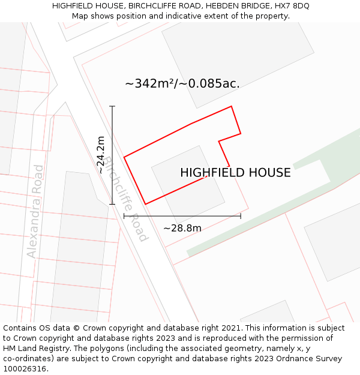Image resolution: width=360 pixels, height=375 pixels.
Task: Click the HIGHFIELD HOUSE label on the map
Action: [x=235, y=173]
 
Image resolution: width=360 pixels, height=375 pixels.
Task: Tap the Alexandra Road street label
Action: [x=35, y=211]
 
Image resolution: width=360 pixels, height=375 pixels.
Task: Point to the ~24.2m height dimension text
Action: [x=101, y=155]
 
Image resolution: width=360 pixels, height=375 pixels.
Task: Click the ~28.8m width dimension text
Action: [x=182, y=228]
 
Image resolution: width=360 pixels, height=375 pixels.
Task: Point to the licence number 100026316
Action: [x=25, y=369]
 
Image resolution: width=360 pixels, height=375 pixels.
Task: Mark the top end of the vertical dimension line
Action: [x=112, y=106]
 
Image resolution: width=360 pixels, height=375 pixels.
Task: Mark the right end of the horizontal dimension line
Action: [x=241, y=216]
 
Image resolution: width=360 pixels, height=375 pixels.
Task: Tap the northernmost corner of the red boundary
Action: [x=232, y=107]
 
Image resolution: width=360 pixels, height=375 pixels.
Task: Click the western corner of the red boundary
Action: [x=124, y=157]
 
